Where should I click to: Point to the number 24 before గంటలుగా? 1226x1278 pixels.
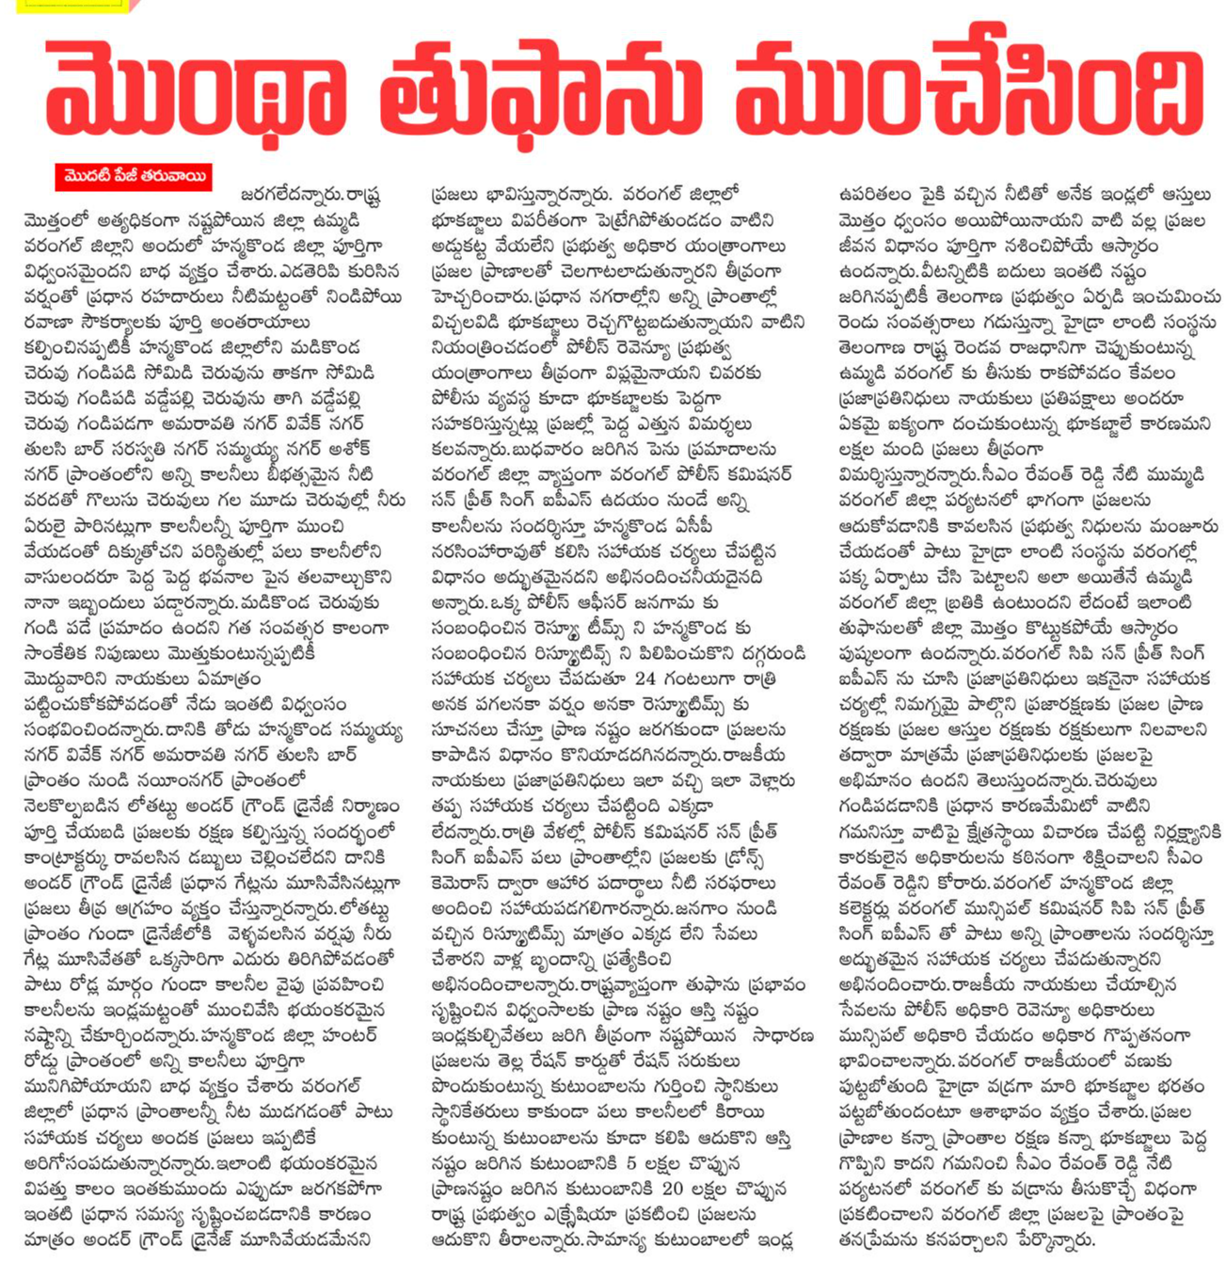[645, 679]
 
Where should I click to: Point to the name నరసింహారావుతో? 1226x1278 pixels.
[488, 551]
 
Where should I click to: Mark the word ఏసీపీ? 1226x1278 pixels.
[724, 526]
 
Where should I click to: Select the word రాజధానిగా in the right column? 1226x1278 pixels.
[1052, 347]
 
